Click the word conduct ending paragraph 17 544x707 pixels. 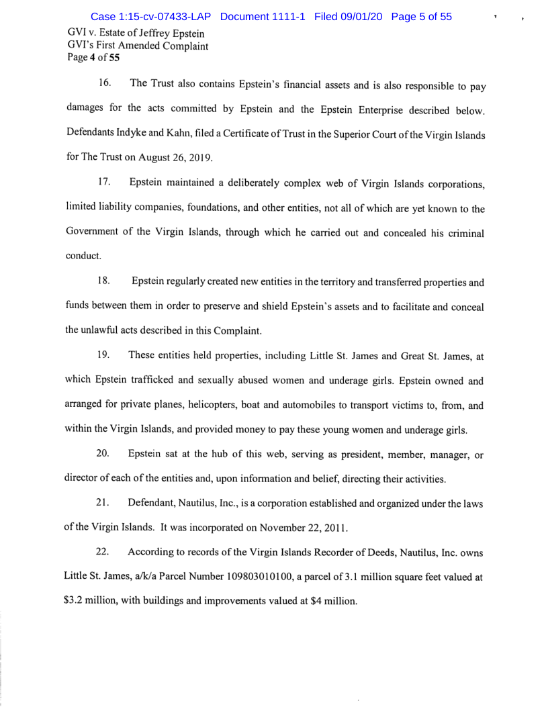(x=83, y=256)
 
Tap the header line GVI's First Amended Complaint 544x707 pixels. (x=137, y=46)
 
